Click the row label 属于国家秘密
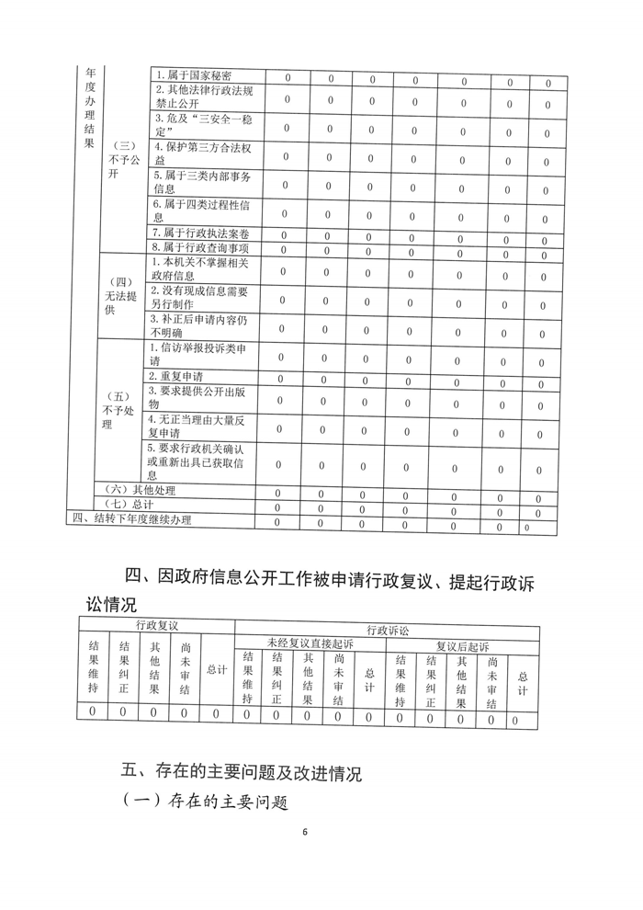coord(193,75)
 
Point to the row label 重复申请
coord(175,377)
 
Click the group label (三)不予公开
coord(122,161)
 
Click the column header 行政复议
coord(156,625)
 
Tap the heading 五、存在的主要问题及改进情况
coord(243,770)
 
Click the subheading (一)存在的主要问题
coord(206,802)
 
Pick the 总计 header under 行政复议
coord(217,669)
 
